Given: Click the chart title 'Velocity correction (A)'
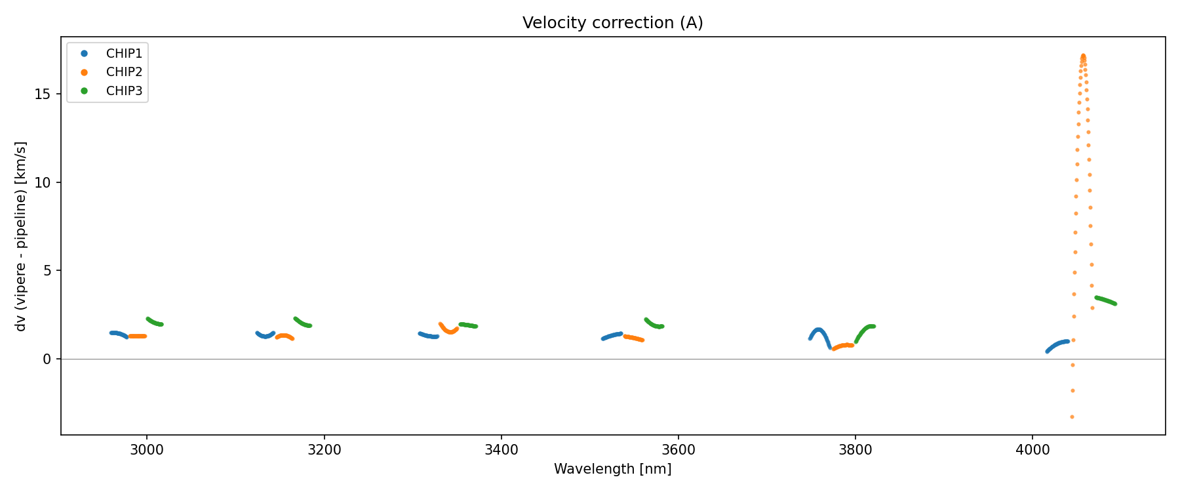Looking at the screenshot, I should tap(612, 23).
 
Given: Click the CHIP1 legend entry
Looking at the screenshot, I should tap(124, 53).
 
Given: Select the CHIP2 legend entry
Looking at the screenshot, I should tap(124, 72).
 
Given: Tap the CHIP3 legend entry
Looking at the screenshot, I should tap(124, 91).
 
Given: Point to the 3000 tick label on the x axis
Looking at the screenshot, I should tap(147, 450).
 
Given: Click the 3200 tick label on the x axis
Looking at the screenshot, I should tap(324, 450).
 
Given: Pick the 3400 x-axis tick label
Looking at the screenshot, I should tap(501, 450).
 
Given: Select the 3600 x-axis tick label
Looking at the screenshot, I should tap(678, 450).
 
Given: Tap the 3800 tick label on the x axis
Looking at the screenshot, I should tap(855, 450).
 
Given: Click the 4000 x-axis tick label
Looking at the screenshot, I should tap(1032, 450).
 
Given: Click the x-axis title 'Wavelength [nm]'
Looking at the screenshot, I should tap(612, 469).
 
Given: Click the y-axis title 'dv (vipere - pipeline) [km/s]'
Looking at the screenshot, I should tap(21, 236).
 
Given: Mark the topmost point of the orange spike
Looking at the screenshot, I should tap(1083, 56).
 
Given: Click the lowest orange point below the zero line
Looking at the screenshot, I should tap(1072, 417).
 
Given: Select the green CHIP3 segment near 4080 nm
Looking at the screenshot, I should tap(1105, 300).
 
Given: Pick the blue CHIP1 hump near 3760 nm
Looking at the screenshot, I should tap(818, 330).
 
